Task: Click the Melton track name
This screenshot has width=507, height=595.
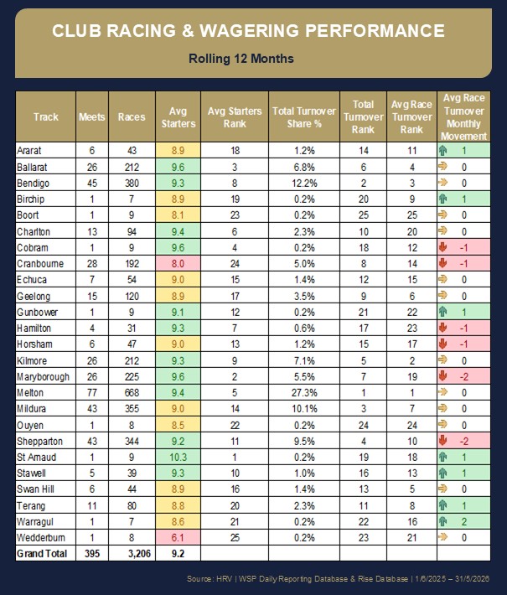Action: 30,393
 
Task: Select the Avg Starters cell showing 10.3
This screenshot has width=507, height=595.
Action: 178,458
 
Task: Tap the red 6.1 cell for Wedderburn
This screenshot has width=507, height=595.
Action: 178,538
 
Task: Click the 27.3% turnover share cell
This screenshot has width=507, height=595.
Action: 304,393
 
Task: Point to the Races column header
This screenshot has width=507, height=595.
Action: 132,116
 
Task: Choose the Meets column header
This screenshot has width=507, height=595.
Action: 92,116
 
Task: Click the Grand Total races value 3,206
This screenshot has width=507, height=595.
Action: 139,554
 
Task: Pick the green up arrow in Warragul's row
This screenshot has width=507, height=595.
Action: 442,522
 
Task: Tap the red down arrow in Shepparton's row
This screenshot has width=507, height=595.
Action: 442,441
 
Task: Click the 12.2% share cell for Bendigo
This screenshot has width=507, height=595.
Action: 304,184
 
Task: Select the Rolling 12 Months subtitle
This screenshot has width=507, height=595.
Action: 241,59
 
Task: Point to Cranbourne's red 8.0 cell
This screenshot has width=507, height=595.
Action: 178,264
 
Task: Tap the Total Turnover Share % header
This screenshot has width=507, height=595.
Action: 304,117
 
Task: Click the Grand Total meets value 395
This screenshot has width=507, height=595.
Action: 92,554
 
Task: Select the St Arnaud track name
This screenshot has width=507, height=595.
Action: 36,458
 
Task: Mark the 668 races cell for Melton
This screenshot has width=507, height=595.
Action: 132,393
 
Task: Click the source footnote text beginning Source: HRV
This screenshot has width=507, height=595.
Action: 338,579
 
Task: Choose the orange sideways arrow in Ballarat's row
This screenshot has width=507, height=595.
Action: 442,166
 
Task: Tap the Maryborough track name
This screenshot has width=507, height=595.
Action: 43,377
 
